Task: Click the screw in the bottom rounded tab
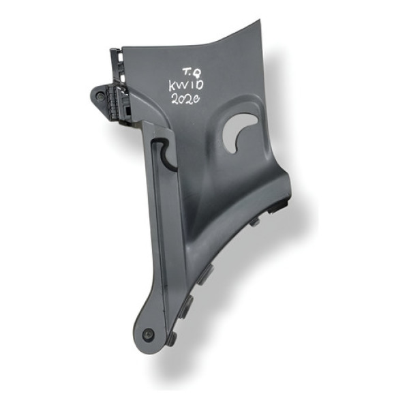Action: pos(148,335)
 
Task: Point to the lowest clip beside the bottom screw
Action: pos(172,337)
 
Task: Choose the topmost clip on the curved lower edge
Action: pos(256,222)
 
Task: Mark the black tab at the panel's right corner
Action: pos(281,204)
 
